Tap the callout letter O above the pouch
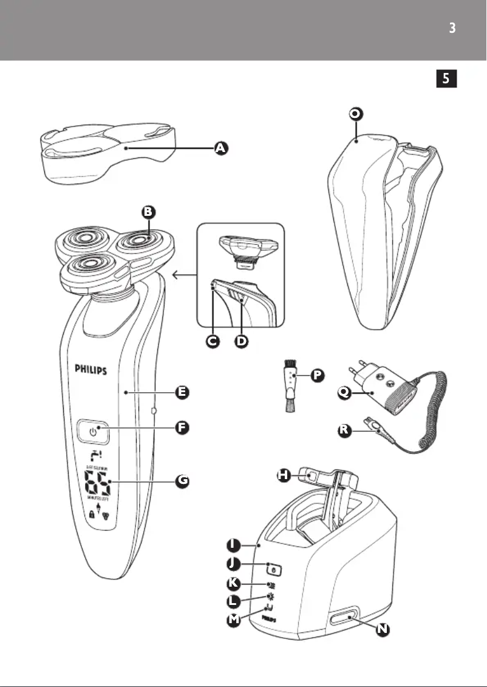click(x=357, y=114)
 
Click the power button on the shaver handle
click(x=93, y=432)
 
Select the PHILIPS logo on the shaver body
click(x=92, y=369)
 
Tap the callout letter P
click(x=316, y=376)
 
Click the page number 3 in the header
click(x=452, y=28)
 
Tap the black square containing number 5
click(x=446, y=78)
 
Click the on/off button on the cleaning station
click(x=274, y=570)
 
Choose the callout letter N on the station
click(x=381, y=630)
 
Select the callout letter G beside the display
click(x=183, y=481)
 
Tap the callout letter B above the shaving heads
click(x=149, y=212)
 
